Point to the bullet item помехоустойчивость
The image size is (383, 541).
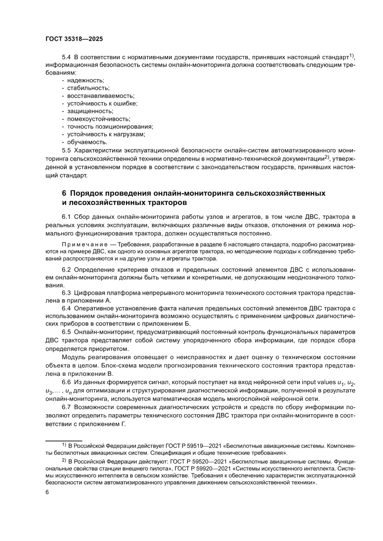click(x=99, y=119)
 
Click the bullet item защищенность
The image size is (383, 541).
click(x=90, y=111)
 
